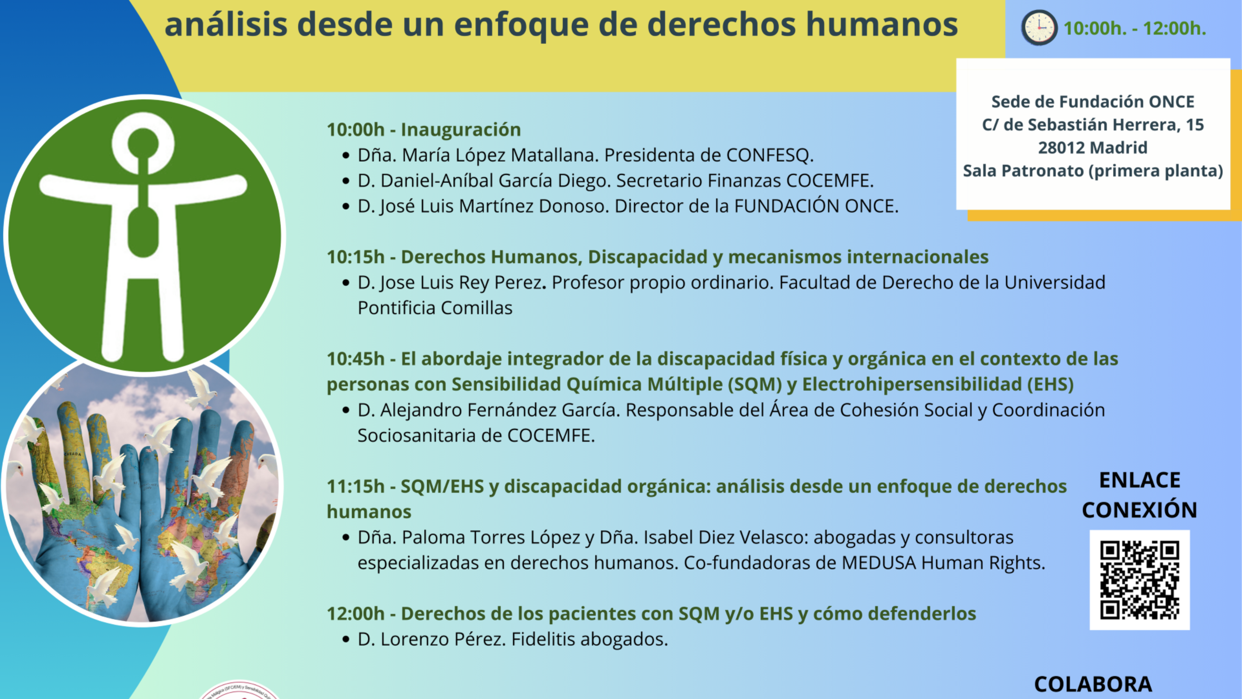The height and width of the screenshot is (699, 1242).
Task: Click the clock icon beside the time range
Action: pyautogui.click(x=1039, y=28)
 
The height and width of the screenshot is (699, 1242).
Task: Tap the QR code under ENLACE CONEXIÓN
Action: pyautogui.click(x=1140, y=580)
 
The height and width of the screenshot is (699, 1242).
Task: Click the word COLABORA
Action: pyautogui.click(x=1093, y=684)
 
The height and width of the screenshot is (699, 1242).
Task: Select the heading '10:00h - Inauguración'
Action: pyautogui.click(x=424, y=130)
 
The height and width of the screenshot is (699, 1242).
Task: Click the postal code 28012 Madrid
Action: pyautogui.click(x=1093, y=148)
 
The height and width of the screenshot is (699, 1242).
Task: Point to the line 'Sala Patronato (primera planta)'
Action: pyautogui.click(x=1093, y=171)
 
